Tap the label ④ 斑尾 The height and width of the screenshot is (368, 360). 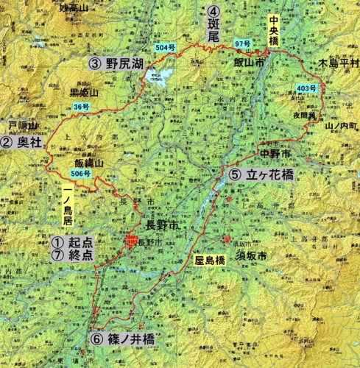point(213,23)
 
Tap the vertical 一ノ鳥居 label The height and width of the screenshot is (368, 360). point(67,208)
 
